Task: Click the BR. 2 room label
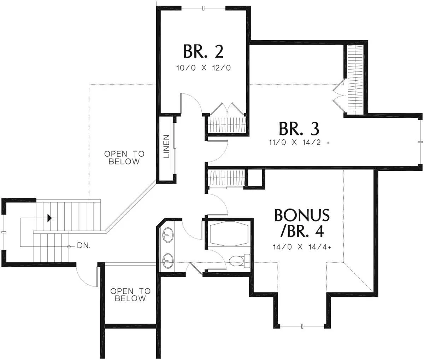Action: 203,51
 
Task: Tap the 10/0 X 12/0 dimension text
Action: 204,68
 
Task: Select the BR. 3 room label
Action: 299,129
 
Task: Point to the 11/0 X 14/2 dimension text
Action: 299,142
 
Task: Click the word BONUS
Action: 302,215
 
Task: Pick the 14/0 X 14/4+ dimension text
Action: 302,247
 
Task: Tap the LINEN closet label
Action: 166,146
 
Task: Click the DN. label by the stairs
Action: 84,245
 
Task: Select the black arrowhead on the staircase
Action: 49,218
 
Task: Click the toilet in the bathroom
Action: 239,261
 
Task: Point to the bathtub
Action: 229,234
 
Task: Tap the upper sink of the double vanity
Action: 168,235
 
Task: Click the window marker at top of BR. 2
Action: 203,8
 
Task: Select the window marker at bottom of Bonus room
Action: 302,326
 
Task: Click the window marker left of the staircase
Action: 4,232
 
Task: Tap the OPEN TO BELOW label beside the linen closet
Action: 124,157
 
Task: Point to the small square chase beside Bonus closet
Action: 255,178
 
